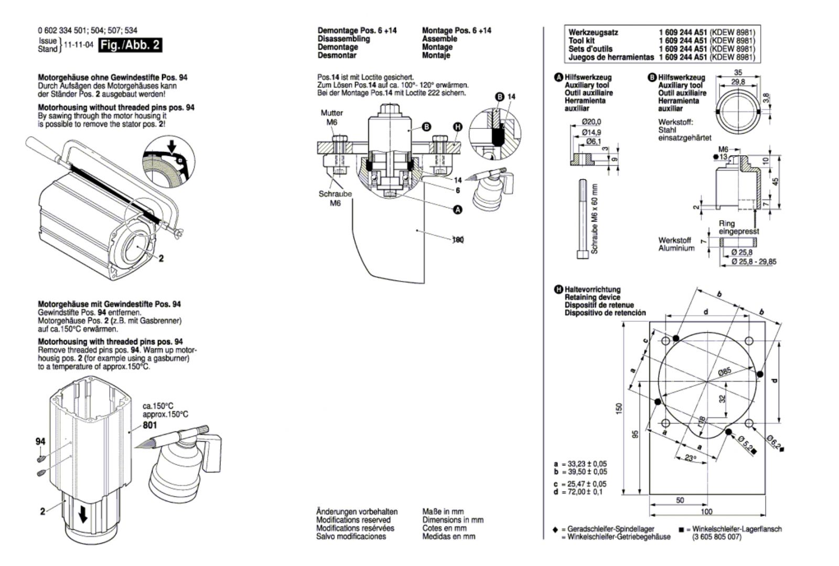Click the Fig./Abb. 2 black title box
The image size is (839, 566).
tap(130, 45)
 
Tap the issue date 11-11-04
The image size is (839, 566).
tap(78, 45)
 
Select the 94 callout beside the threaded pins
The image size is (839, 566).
tap(40, 441)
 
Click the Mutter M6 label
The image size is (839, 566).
tap(332, 117)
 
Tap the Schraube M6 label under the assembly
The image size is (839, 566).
tap(335, 198)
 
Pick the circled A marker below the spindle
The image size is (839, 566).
tap(458, 210)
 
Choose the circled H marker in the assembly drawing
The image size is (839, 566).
tap(458, 127)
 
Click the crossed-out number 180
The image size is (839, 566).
tap(458, 240)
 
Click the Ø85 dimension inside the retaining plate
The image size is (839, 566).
tap(724, 372)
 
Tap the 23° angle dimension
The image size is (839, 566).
tap(691, 458)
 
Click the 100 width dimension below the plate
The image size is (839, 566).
tap(706, 511)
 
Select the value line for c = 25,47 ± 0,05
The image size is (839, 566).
tap(580, 484)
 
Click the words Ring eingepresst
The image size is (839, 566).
tap(738, 227)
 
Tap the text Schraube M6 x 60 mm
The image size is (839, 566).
tap(595, 219)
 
